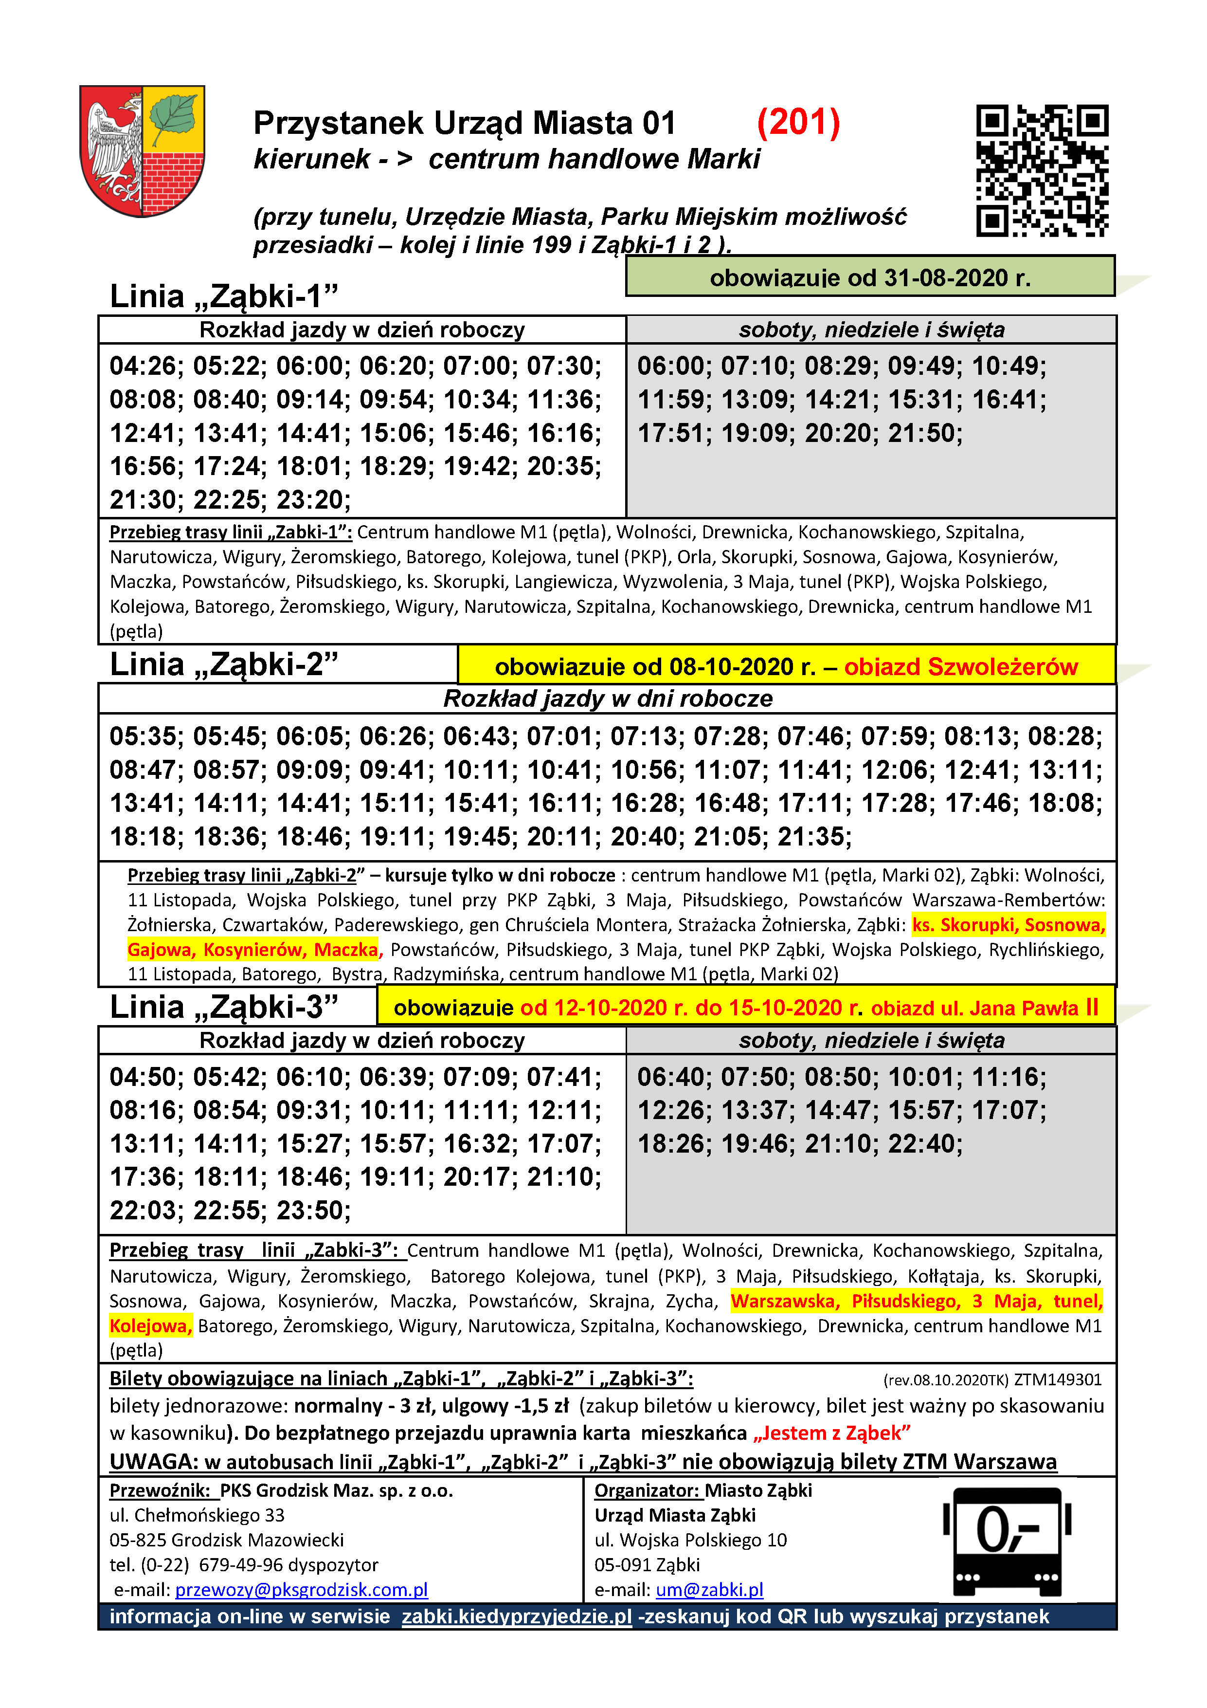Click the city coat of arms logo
click(x=142, y=150)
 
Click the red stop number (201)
click(x=798, y=123)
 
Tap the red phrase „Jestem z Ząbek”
click(x=831, y=1433)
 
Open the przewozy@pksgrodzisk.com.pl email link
click(x=301, y=1590)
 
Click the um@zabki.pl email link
click(x=709, y=1590)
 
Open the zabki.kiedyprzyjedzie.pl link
click(x=516, y=1616)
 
